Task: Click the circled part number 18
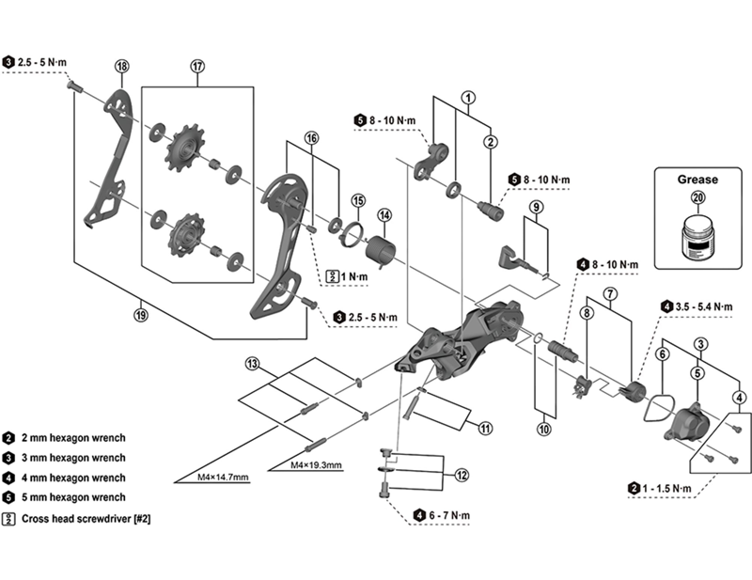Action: [x=121, y=66]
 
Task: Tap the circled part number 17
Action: [x=197, y=66]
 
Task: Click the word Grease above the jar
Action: [x=697, y=179]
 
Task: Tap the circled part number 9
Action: [x=533, y=207]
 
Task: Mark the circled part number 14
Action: [x=384, y=216]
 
